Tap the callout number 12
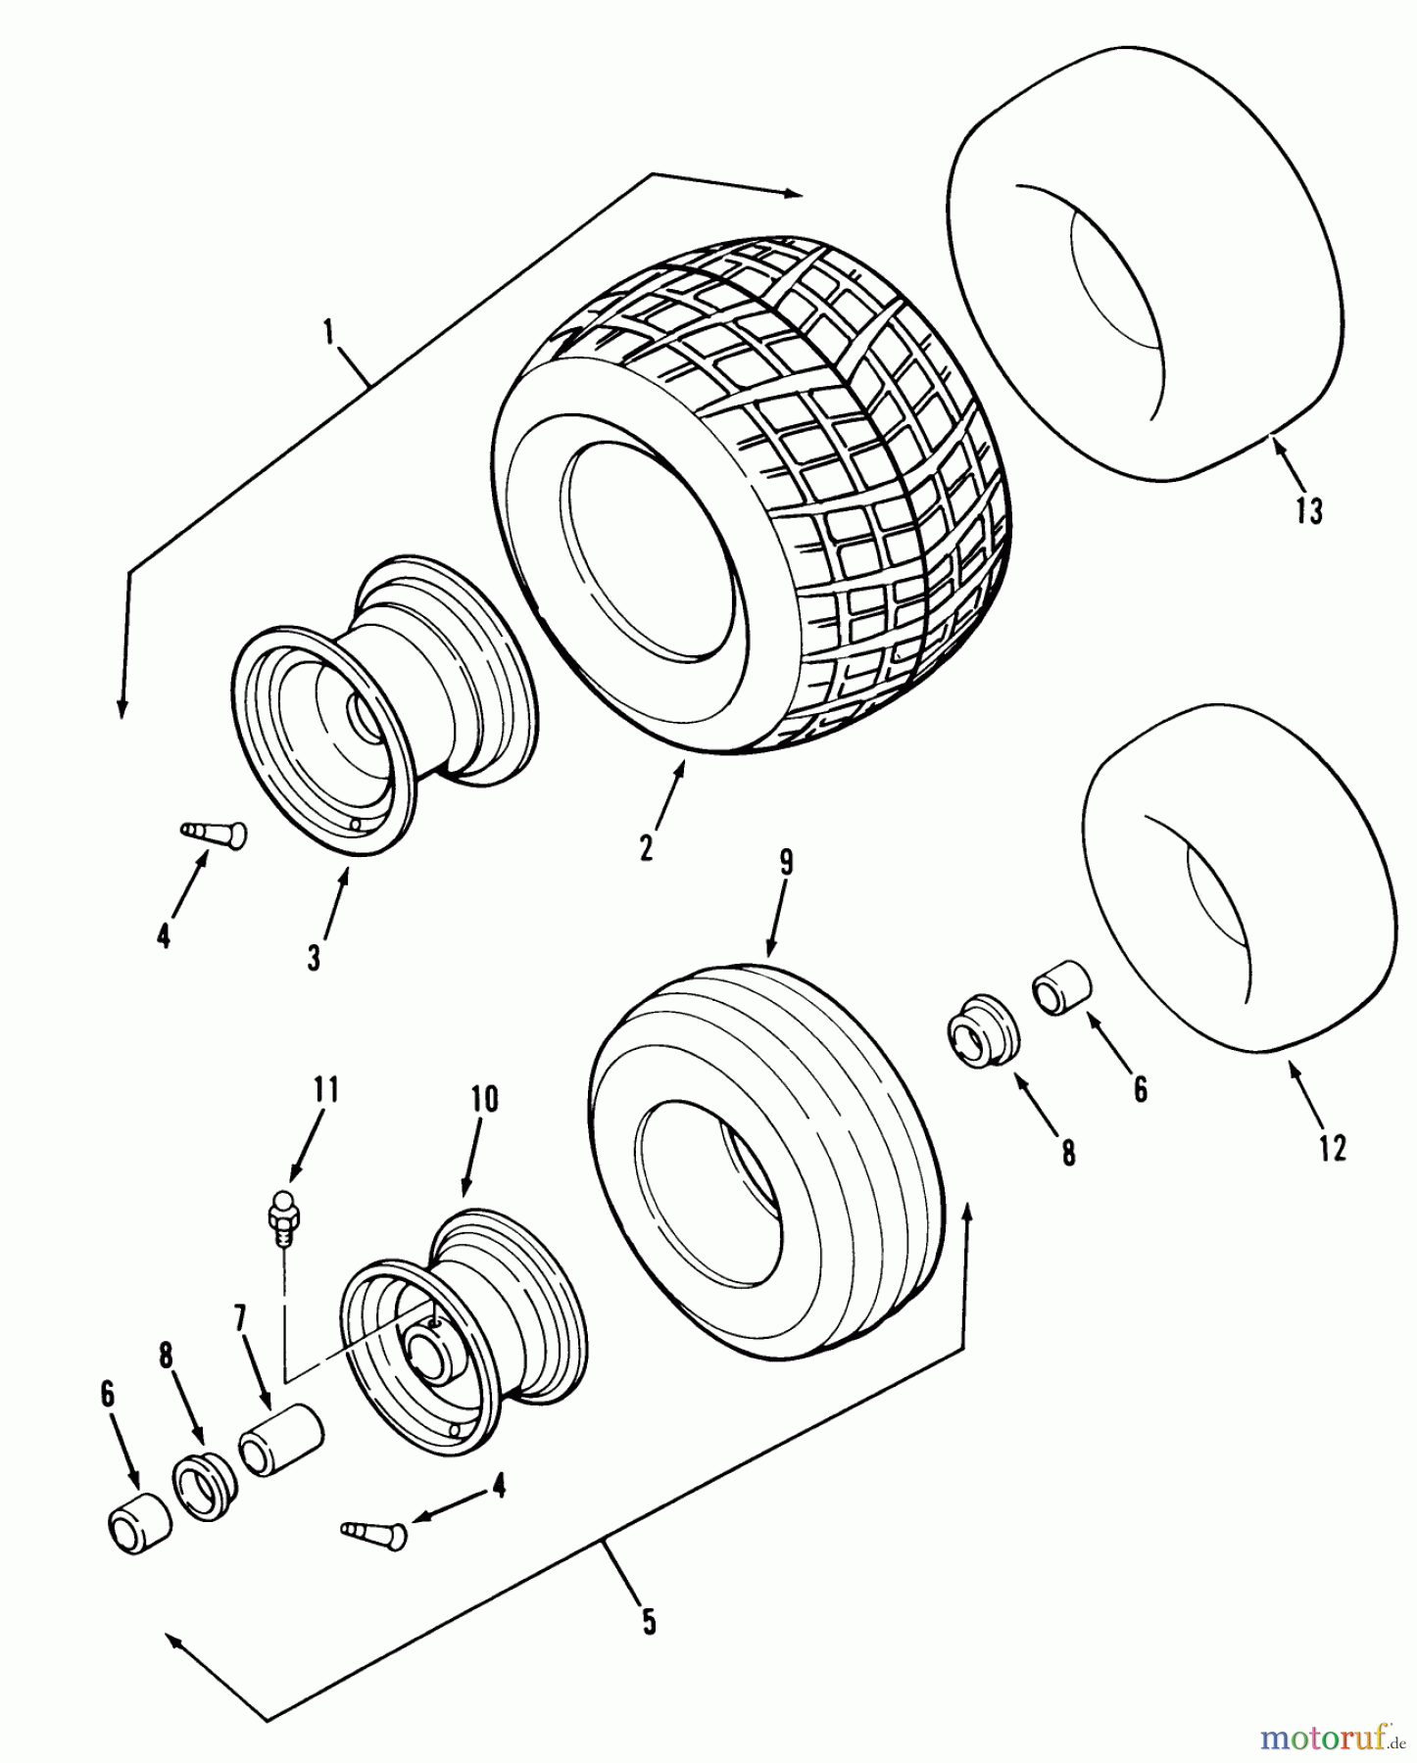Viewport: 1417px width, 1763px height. pyautogui.click(x=1332, y=1147)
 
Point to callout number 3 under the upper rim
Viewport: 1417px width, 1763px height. pyautogui.click(x=314, y=956)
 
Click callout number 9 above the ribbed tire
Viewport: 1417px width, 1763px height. pyautogui.click(x=786, y=863)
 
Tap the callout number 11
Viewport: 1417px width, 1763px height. pyautogui.click(x=326, y=1088)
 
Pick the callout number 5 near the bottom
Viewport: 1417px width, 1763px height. pyautogui.click(x=648, y=1621)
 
